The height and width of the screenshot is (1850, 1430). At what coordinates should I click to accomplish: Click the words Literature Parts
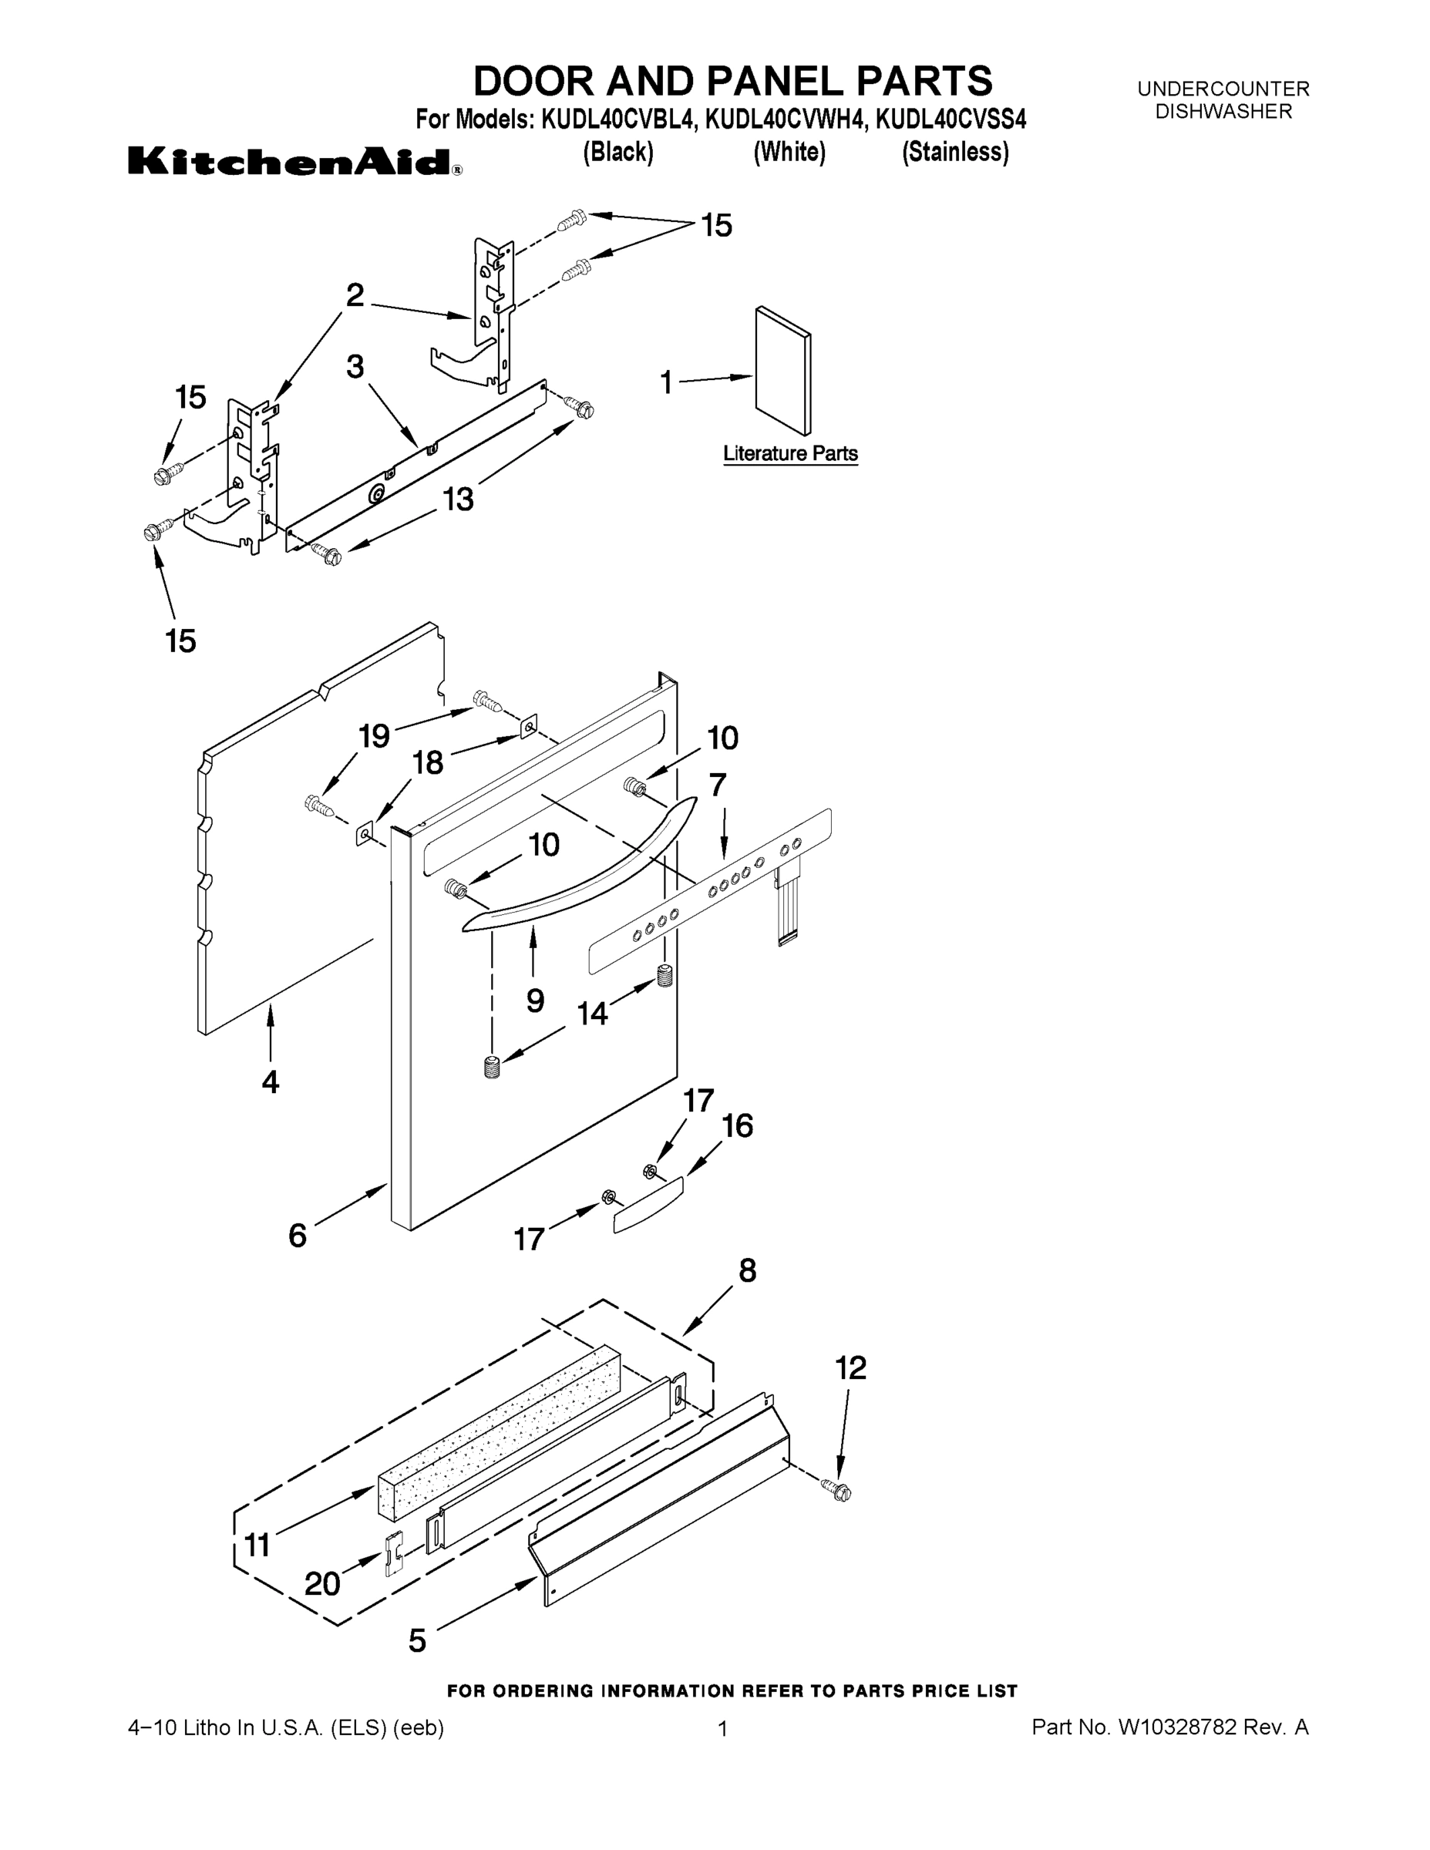pos(789,453)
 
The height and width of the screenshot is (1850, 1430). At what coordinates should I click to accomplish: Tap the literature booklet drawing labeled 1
pos(782,370)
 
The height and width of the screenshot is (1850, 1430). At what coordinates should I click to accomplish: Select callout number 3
pos(355,367)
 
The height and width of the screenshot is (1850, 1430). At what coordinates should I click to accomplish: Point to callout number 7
pos(718,785)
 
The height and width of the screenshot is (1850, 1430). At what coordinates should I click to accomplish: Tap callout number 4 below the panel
pos(271,1081)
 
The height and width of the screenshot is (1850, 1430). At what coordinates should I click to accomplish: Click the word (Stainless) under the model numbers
pos(954,152)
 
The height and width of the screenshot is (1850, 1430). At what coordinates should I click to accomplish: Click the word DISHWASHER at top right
pos(1223,111)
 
